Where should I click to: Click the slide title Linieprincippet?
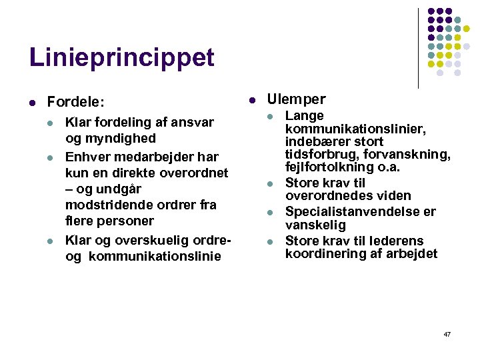click(x=122, y=58)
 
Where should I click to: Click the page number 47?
click(x=447, y=333)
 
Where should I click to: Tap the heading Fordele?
click(x=75, y=102)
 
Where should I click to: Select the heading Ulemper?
click(x=296, y=99)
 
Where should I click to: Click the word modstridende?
click(x=109, y=205)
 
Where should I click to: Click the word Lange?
click(x=304, y=116)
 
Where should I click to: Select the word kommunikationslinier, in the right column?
click(x=356, y=129)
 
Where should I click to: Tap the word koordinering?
click(x=322, y=253)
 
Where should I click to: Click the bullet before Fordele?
click(x=32, y=103)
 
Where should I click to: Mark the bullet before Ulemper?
click(x=252, y=100)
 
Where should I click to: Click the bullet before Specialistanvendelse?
click(x=270, y=213)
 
